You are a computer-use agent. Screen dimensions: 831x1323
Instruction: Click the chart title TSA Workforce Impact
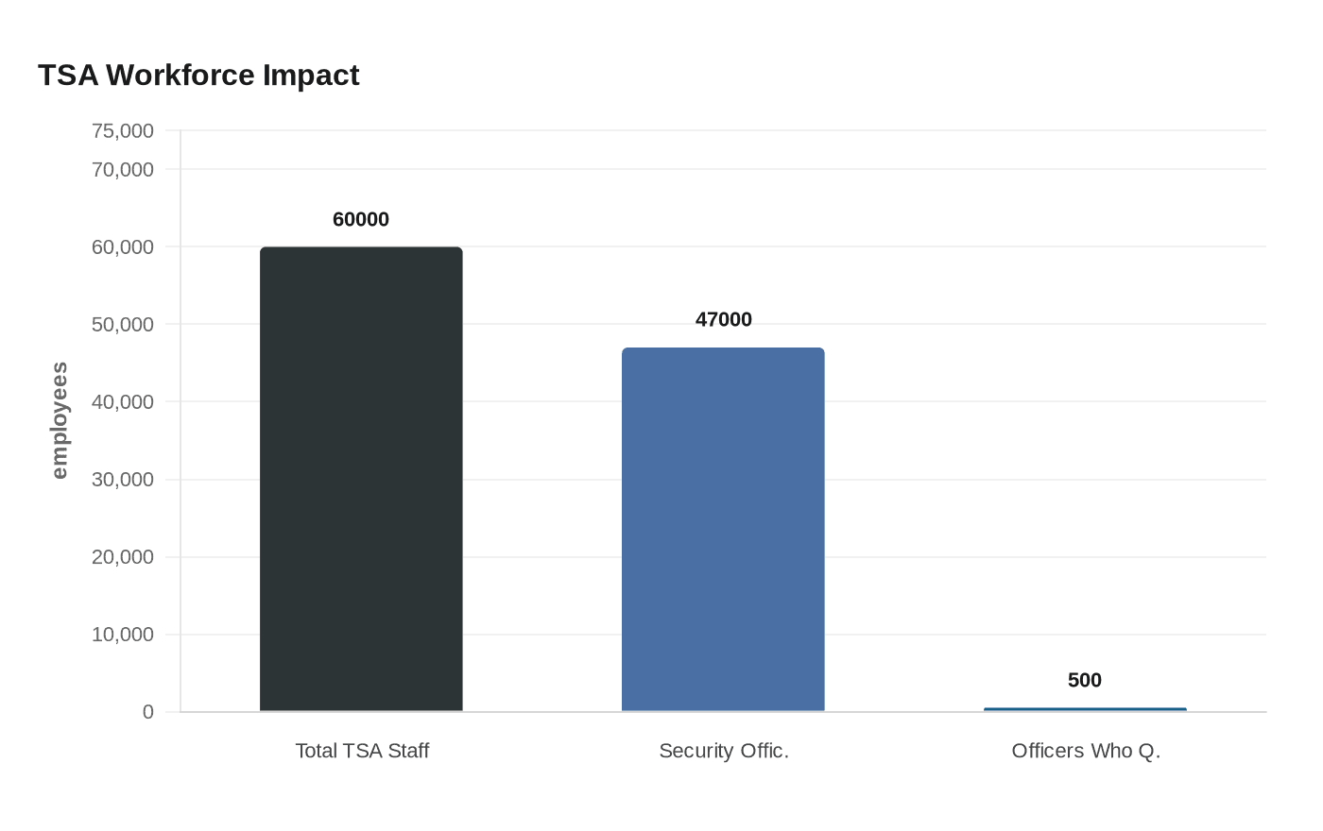pyautogui.click(x=198, y=76)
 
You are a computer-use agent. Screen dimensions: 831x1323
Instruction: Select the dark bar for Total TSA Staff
pyautogui.click(x=361, y=479)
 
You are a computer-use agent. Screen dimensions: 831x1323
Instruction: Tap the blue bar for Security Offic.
pyautogui.click(x=723, y=529)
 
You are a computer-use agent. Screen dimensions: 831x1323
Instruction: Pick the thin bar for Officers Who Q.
pyautogui.click(x=1085, y=709)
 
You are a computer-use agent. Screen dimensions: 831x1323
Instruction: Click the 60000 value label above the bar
pyautogui.click(x=361, y=219)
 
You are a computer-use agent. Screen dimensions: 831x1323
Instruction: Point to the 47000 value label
pyautogui.click(x=724, y=319)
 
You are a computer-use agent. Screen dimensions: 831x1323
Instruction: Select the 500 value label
pyautogui.click(x=1085, y=680)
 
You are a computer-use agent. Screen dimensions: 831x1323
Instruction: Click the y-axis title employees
pyautogui.click(x=60, y=420)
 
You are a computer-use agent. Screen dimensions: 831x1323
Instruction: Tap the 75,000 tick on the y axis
pyautogui.click(x=123, y=131)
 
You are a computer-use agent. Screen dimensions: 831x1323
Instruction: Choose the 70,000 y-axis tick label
pyautogui.click(x=123, y=170)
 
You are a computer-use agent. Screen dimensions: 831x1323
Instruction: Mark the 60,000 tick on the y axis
pyautogui.click(x=123, y=247)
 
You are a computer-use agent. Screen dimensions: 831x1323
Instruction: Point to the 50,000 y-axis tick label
pyautogui.click(x=123, y=325)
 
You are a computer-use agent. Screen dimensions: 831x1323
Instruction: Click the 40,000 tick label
pyautogui.click(x=123, y=402)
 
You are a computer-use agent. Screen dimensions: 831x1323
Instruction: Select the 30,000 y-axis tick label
pyautogui.click(x=123, y=480)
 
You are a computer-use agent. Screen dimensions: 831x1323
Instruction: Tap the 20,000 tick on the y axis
pyautogui.click(x=123, y=557)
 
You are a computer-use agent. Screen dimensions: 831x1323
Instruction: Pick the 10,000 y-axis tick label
pyautogui.click(x=123, y=635)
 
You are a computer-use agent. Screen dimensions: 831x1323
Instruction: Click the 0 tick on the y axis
pyautogui.click(x=148, y=712)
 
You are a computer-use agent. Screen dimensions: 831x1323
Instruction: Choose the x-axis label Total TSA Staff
pyautogui.click(x=362, y=751)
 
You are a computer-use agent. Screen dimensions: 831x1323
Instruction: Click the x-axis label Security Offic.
pyautogui.click(x=724, y=751)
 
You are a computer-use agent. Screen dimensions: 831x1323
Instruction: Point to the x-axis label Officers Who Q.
pyautogui.click(x=1086, y=751)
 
